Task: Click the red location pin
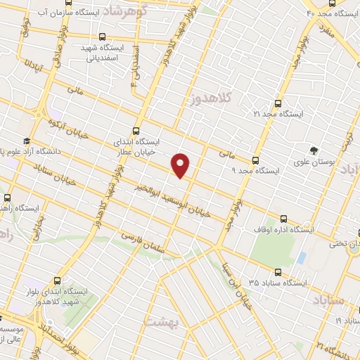181,165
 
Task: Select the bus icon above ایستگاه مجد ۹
255,160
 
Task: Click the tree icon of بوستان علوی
314,149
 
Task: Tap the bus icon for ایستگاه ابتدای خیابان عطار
136,131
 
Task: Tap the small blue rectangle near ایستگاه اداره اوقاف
302,257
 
